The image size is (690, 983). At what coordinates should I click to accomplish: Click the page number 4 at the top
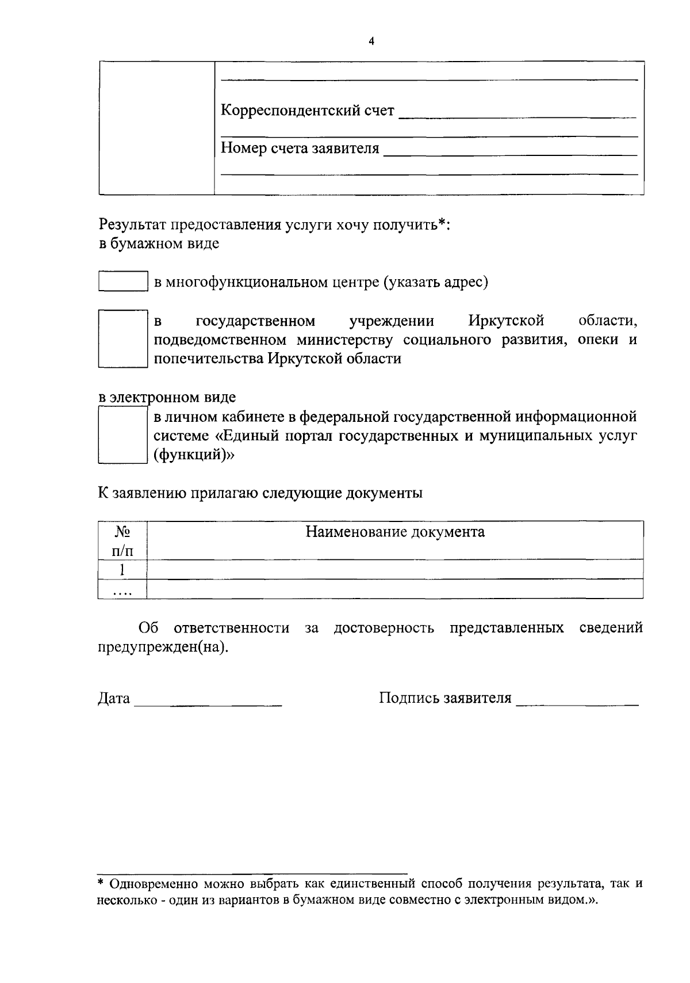pyautogui.click(x=371, y=41)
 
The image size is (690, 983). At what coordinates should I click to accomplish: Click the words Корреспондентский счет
pyautogui.click(x=308, y=110)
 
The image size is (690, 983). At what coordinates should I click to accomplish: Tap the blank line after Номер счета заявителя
pyautogui.click(x=510, y=151)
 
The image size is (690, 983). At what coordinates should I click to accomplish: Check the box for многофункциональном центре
pyautogui.click(x=123, y=281)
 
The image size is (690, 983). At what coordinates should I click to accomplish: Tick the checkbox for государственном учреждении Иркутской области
pyautogui.click(x=120, y=338)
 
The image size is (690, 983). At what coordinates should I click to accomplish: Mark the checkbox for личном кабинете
pyautogui.click(x=120, y=435)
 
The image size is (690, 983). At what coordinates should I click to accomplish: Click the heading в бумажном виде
pyautogui.click(x=159, y=243)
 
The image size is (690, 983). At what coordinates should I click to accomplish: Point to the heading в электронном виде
pyautogui.click(x=167, y=397)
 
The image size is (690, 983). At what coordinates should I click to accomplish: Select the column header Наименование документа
pyautogui.click(x=394, y=532)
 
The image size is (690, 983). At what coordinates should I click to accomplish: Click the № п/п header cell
pyautogui.click(x=122, y=540)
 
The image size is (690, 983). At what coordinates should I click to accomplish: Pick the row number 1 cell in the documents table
pyautogui.click(x=122, y=570)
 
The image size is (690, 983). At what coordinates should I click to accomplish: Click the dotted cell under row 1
pyautogui.click(x=122, y=590)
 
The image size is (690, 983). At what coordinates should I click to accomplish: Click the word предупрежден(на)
pyautogui.click(x=163, y=647)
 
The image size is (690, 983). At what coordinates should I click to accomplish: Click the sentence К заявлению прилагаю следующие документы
pyautogui.click(x=260, y=493)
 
